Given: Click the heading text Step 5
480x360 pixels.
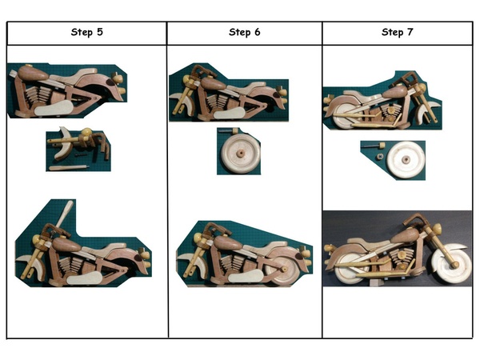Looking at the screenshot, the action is pos(87,32).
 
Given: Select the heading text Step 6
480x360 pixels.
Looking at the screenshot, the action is pos(245,32).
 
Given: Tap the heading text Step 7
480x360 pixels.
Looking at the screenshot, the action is pos(398,32).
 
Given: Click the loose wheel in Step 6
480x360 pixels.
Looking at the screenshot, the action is pos(241,153).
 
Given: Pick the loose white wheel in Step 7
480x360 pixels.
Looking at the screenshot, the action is pos(406,159).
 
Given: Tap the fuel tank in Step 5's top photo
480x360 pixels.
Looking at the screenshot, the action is pos(33,73).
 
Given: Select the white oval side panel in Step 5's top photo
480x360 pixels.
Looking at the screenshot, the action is pos(54,108).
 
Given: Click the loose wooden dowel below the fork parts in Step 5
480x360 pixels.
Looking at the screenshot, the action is pos(69,168).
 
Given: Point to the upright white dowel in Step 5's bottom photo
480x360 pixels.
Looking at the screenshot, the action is pos(65,214).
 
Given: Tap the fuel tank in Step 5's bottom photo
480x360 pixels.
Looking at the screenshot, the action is pos(66,245).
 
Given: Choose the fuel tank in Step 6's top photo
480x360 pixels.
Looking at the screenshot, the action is pos(214,83).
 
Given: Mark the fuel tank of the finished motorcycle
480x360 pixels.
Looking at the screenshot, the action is pos(405,236).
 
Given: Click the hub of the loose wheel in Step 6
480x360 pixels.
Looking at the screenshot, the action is pos(241,152).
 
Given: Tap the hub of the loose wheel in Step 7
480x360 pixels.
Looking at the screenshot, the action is pos(406,159).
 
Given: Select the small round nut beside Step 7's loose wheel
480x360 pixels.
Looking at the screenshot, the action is pos(380,157).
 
